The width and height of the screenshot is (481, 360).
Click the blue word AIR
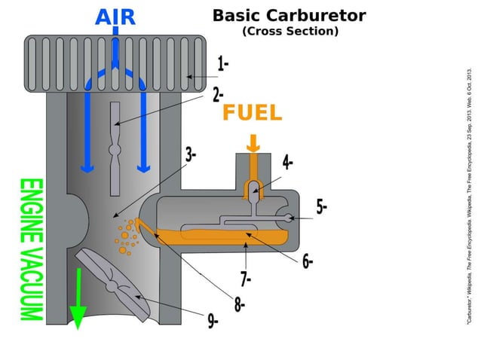click(115, 16)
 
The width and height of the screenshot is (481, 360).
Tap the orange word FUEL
click(252, 113)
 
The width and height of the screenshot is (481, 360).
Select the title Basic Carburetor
click(289, 15)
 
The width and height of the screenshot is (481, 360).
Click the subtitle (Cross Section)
click(290, 32)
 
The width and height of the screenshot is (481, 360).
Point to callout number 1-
click(223, 63)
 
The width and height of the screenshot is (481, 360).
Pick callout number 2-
click(219, 95)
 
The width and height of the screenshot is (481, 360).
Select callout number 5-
click(321, 206)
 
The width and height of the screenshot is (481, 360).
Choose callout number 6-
click(308, 261)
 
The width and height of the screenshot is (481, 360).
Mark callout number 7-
click(246, 279)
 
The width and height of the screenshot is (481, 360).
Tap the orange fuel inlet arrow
click(253, 142)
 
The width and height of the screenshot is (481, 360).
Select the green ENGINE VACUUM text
click(31, 249)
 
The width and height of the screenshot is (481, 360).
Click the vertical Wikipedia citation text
click(469, 196)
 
